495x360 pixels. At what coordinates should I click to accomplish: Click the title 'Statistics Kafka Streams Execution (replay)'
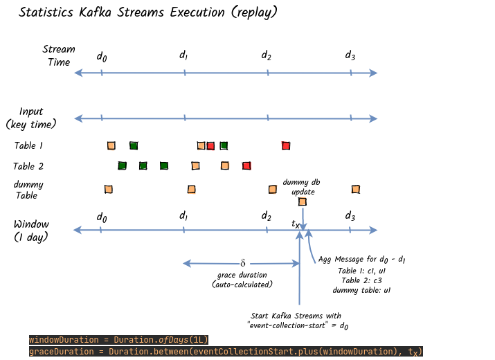point(148,12)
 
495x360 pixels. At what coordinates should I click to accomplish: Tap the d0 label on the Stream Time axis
point(102,57)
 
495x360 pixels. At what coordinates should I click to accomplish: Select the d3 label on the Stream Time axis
point(350,55)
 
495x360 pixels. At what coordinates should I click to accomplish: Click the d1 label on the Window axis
point(183,216)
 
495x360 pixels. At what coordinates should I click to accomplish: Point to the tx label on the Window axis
point(296,224)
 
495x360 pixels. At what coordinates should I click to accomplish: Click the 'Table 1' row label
point(28,145)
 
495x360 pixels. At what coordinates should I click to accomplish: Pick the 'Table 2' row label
point(28,166)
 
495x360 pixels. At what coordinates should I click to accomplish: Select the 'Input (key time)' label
point(31,118)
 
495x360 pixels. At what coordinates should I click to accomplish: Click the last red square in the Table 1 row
point(286,145)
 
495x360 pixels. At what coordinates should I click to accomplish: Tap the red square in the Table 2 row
point(246,165)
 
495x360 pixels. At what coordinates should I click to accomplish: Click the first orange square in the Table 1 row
point(111,145)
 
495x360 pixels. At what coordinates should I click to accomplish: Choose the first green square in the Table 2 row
point(122,165)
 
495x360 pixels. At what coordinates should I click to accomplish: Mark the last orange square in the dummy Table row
point(356,189)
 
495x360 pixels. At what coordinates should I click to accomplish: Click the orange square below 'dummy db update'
point(303,201)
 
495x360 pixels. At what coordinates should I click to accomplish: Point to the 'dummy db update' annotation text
point(302,187)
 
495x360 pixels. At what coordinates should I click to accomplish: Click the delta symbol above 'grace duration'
point(243,263)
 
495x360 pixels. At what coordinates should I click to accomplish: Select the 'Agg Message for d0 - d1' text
point(362,260)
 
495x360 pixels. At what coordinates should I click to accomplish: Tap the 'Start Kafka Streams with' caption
point(296,316)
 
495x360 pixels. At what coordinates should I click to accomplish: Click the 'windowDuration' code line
point(118,340)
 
